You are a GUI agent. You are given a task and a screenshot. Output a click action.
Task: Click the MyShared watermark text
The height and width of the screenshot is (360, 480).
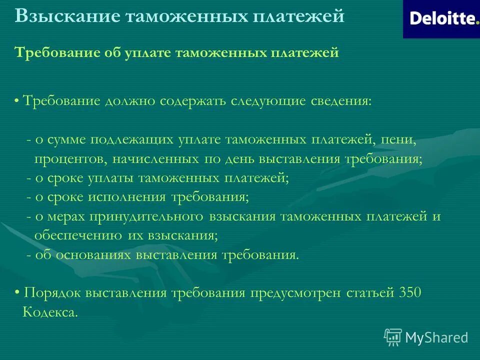(x=436, y=337)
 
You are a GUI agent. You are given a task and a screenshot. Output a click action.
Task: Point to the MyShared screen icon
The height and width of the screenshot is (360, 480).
(x=393, y=337)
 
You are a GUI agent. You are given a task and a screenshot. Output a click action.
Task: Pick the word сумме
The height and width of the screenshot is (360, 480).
(x=67, y=140)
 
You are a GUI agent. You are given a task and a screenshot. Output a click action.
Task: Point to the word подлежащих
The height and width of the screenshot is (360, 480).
(x=132, y=140)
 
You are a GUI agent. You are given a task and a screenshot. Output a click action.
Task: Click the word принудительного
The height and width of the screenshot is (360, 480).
(x=146, y=217)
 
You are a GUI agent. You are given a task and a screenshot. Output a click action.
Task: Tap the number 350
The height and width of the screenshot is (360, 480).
(x=410, y=293)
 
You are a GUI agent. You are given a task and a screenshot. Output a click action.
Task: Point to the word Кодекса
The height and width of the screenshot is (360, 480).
(x=50, y=312)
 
